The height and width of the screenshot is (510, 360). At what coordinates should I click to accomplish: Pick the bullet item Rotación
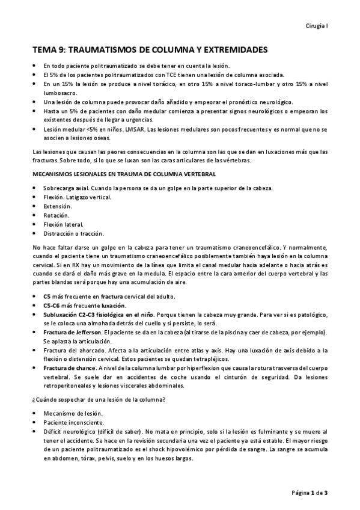[x=56, y=215]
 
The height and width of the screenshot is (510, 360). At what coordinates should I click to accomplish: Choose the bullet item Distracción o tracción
[x=73, y=233]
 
